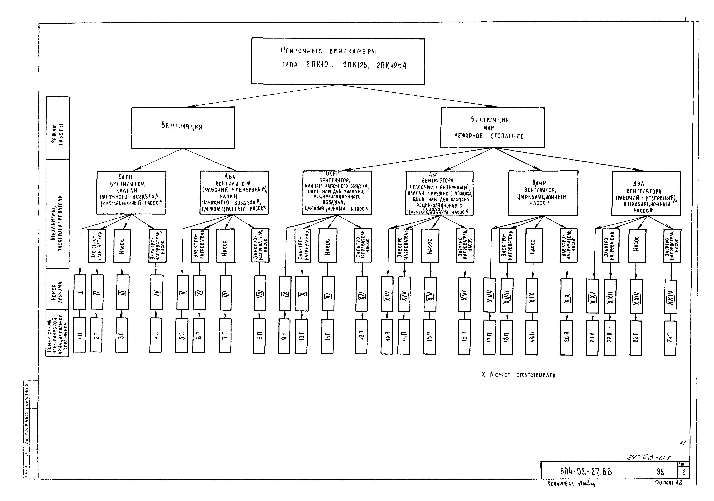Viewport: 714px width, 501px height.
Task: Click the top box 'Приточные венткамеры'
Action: point(338,61)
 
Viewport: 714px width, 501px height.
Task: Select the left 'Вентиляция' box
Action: point(183,128)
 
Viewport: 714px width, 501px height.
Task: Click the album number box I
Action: point(80,292)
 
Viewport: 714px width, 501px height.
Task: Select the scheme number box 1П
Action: point(79,335)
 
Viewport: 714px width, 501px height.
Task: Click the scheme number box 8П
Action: point(259,336)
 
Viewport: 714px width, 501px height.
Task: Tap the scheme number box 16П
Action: point(464,337)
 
